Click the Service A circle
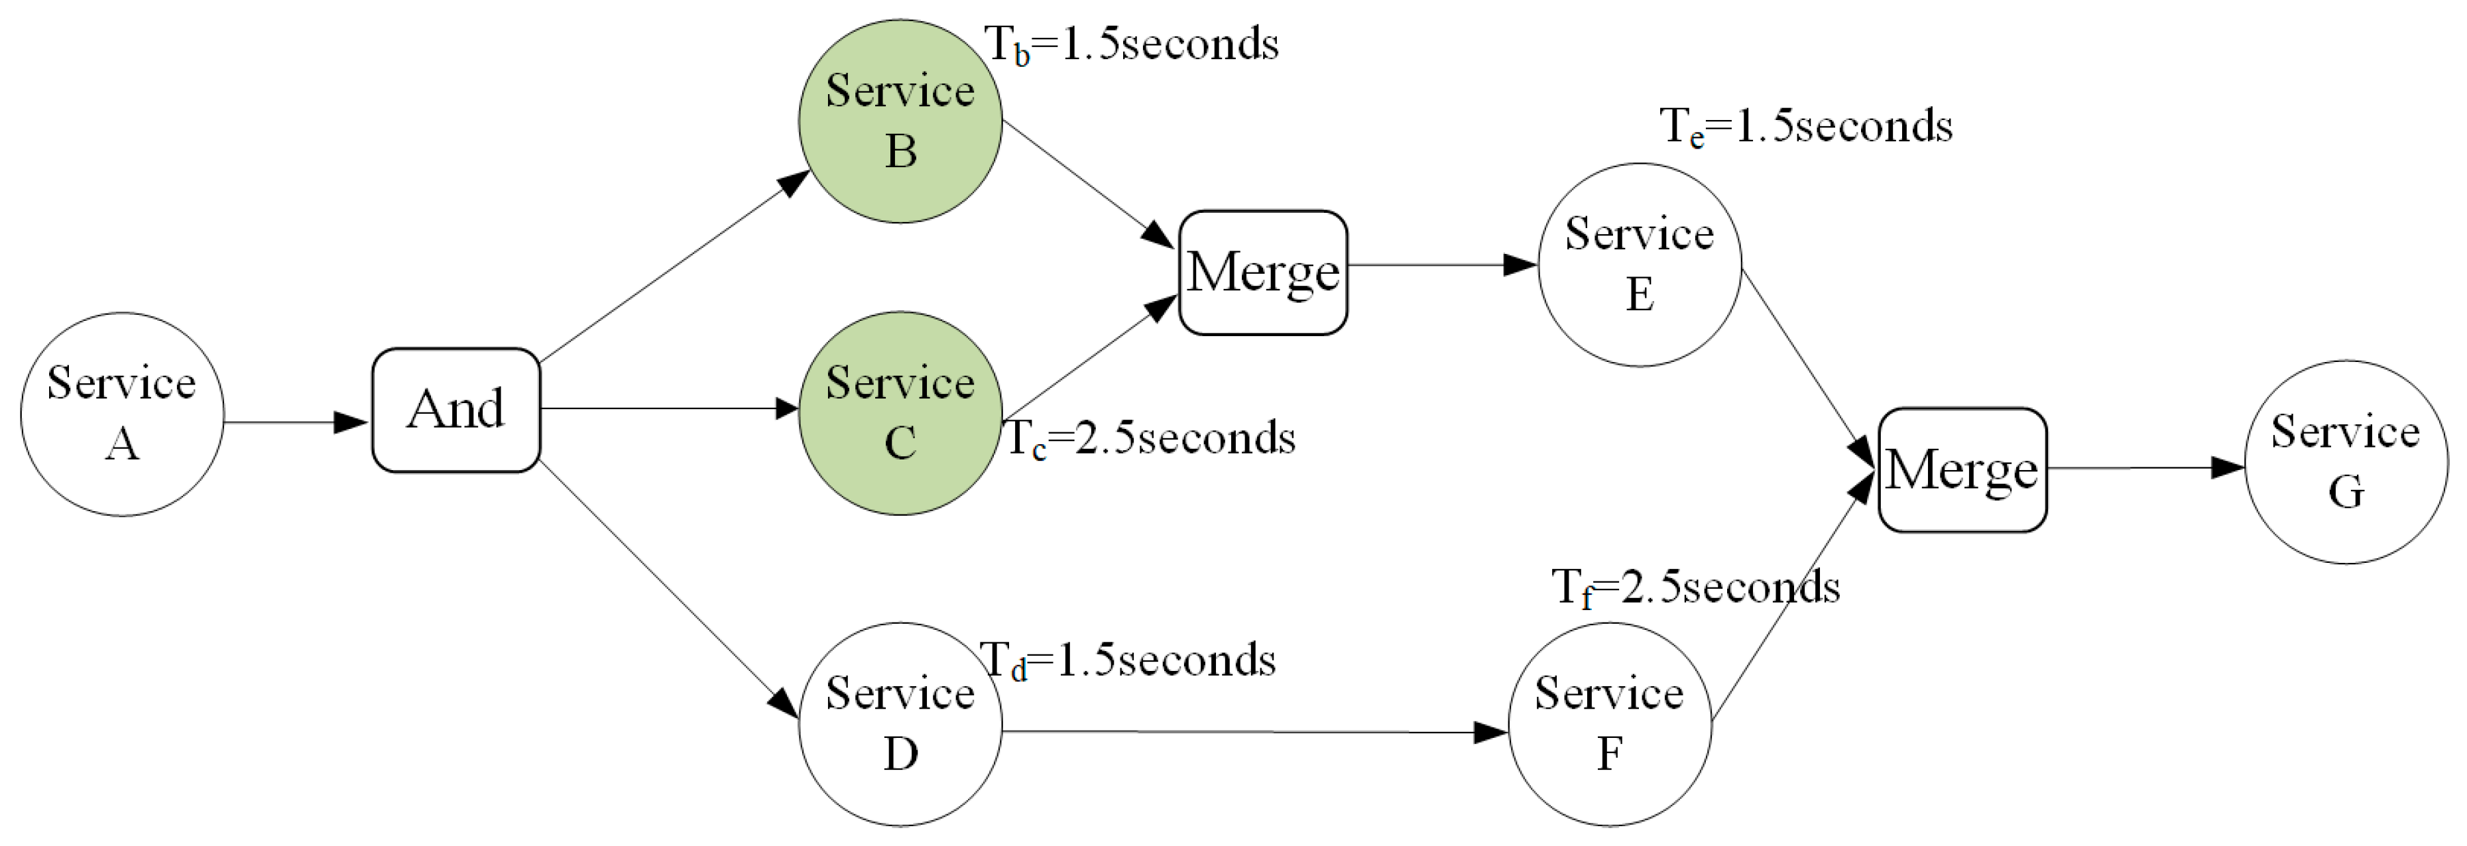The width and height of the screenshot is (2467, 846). coord(121,414)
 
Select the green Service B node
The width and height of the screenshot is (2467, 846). coord(900,122)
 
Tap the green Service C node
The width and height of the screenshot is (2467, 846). coord(900,413)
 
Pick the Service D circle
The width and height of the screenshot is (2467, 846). coord(900,724)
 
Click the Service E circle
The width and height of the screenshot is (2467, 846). coord(1640,265)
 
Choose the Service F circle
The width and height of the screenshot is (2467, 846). coord(1609,724)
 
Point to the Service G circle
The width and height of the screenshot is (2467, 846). coord(2346,462)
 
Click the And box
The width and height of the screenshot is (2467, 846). coord(456,410)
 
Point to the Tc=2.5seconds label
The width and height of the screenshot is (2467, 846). coord(1149,439)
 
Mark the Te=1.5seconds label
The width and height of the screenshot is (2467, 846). coord(1805,127)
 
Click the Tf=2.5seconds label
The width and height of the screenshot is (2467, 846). coord(1695,587)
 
